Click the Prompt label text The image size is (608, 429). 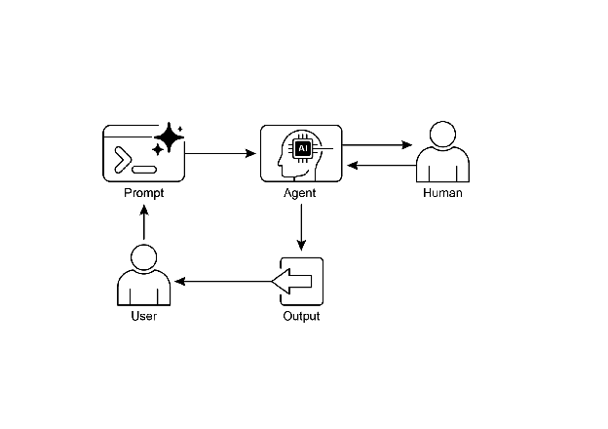(x=143, y=193)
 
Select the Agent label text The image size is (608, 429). (x=299, y=193)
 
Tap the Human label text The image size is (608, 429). (x=442, y=193)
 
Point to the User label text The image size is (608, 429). (x=143, y=317)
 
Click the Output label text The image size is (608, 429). (x=301, y=317)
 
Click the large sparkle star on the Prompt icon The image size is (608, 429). (x=169, y=138)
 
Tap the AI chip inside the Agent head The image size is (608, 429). (x=303, y=148)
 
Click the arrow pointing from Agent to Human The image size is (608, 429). (x=377, y=146)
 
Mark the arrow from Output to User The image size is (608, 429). (x=222, y=282)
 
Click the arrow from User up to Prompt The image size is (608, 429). (x=143, y=225)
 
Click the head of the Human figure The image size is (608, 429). (x=442, y=136)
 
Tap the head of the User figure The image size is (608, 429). (x=143, y=258)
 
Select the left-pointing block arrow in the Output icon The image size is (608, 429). (x=293, y=282)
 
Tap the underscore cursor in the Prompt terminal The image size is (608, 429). (x=142, y=167)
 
